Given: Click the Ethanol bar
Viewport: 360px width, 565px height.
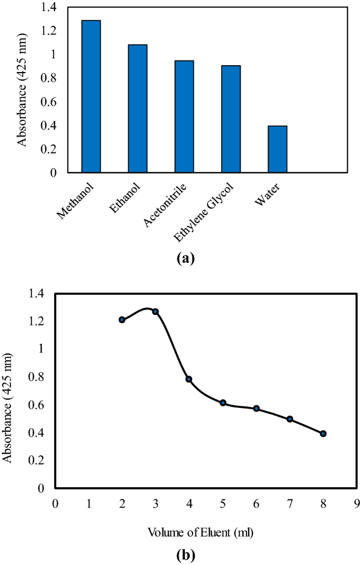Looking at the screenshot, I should tap(138, 108).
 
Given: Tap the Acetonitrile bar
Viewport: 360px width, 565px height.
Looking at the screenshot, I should tap(184, 116).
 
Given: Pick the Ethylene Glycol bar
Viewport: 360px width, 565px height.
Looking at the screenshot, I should tap(231, 119).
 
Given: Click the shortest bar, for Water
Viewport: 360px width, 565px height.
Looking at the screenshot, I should tap(277, 149).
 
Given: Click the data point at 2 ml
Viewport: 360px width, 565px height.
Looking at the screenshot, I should tap(122, 320).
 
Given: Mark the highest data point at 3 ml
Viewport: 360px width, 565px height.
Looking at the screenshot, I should tap(156, 312).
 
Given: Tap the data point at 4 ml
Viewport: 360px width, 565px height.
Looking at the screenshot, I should tap(189, 379).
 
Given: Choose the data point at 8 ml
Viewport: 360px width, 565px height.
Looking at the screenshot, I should tap(323, 434).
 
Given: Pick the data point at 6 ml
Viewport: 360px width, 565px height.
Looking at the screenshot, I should tap(256, 408).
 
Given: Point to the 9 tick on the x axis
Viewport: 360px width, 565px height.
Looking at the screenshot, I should tap(357, 503).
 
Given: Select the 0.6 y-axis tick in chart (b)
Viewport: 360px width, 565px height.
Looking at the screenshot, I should tap(42, 405).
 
